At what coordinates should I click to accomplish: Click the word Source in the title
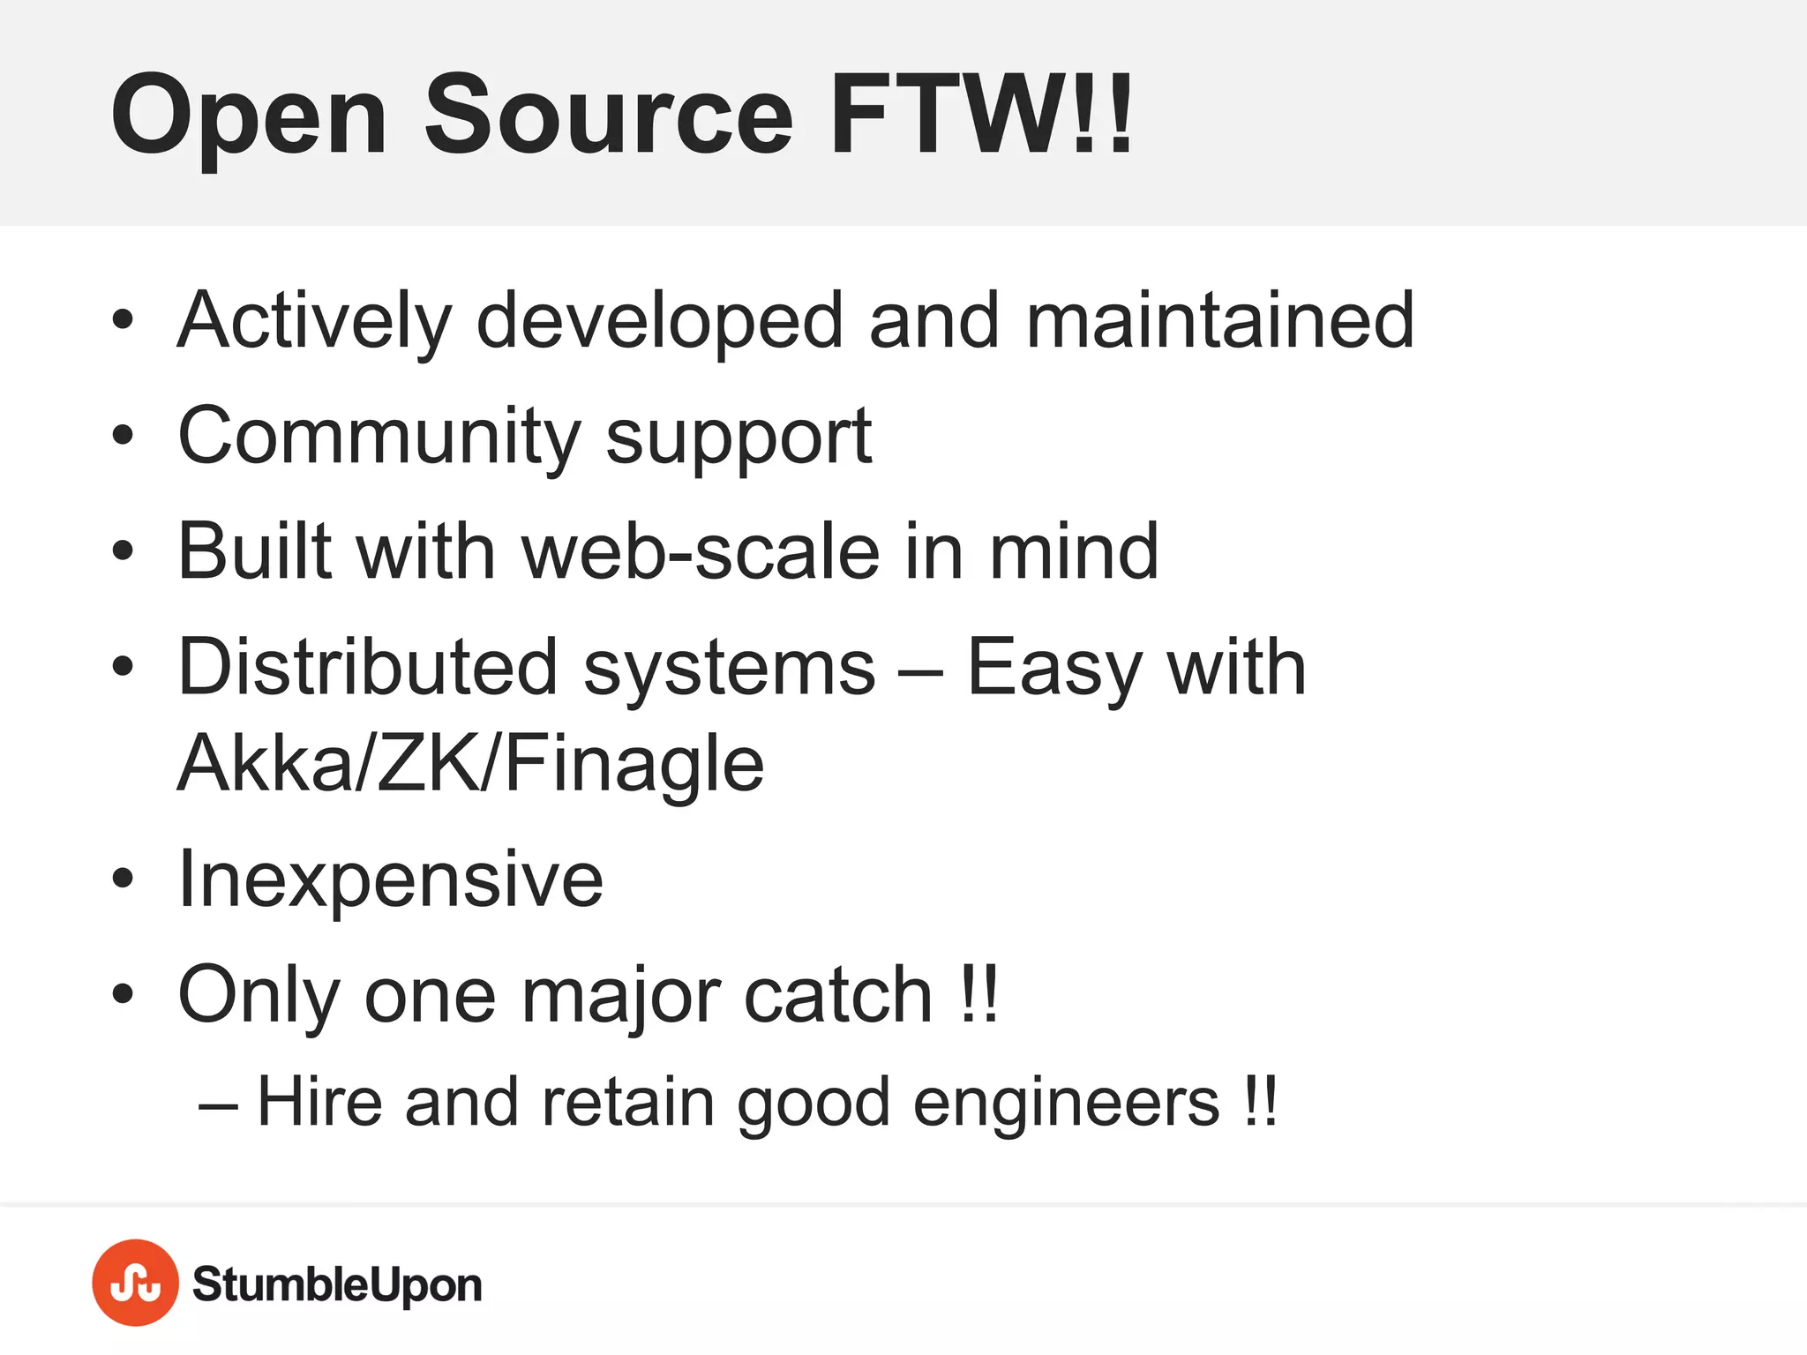tap(609, 115)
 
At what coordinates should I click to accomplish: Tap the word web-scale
tap(701, 551)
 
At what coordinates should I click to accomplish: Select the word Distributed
tap(368, 667)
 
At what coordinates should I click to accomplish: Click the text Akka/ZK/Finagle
tap(470, 764)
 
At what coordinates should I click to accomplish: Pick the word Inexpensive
tap(391, 880)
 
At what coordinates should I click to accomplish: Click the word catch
tap(838, 995)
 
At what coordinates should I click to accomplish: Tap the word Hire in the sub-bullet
tap(319, 1102)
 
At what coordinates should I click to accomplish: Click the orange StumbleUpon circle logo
tap(135, 1283)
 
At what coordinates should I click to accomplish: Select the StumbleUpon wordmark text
tap(337, 1284)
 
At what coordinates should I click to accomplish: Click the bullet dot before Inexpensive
tap(124, 879)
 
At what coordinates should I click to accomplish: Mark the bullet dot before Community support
tap(124, 435)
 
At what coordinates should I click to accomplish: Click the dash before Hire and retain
tap(218, 1104)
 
